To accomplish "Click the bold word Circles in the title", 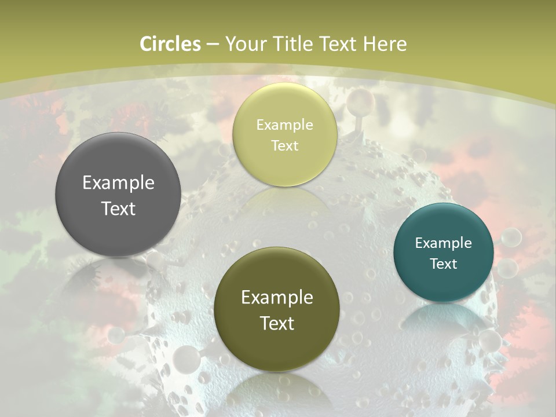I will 170,44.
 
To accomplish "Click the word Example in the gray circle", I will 118,183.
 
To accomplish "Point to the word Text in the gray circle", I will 118,209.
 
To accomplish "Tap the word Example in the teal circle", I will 443,243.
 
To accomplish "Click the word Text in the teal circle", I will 443,264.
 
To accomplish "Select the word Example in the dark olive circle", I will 277,298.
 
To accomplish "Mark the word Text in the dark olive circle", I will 277,323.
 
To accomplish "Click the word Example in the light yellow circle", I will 284,125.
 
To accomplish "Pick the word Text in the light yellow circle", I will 284,145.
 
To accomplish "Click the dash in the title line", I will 213,44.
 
